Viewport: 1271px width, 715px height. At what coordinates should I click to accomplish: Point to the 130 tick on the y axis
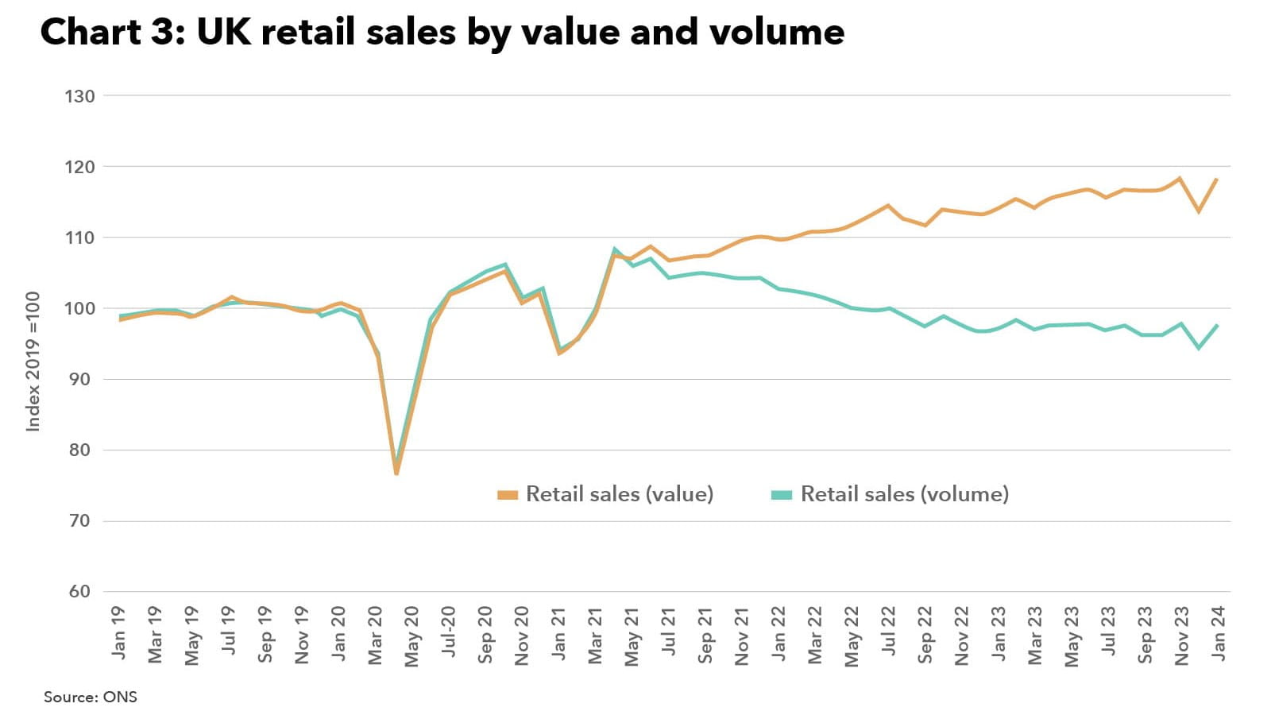coord(79,96)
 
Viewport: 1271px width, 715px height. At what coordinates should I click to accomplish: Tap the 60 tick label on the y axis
coord(79,592)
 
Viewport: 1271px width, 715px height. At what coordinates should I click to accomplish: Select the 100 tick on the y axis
coord(79,308)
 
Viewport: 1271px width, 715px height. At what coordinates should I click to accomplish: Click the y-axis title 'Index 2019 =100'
coord(33,361)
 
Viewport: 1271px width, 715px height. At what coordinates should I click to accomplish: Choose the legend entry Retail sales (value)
coord(619,494)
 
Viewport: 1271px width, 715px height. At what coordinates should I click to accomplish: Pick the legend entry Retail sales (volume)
coord(904,494)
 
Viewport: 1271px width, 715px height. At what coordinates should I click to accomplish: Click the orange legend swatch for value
coord(507,495)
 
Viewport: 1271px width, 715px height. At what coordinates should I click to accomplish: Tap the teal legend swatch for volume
coord(782,495)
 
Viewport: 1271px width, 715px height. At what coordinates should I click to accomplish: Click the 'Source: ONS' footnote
coord(90,697)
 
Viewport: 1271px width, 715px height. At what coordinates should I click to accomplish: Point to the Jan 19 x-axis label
coord(119,633)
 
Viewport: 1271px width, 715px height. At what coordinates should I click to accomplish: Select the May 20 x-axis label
coord(411,636)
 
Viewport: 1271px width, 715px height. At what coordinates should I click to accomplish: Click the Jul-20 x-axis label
coord(449,632)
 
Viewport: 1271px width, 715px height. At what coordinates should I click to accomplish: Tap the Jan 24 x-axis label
coord(1219,633)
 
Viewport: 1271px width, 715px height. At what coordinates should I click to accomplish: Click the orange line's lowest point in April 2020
coord(396,473)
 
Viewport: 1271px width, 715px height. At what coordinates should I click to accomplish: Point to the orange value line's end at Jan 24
coord(1217,180)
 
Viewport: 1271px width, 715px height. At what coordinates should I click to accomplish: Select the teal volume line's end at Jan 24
coord(1217,326)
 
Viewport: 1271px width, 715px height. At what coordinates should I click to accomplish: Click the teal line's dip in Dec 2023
coord(1199,348)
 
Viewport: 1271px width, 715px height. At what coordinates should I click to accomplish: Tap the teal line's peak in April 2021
coord(615,249)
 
